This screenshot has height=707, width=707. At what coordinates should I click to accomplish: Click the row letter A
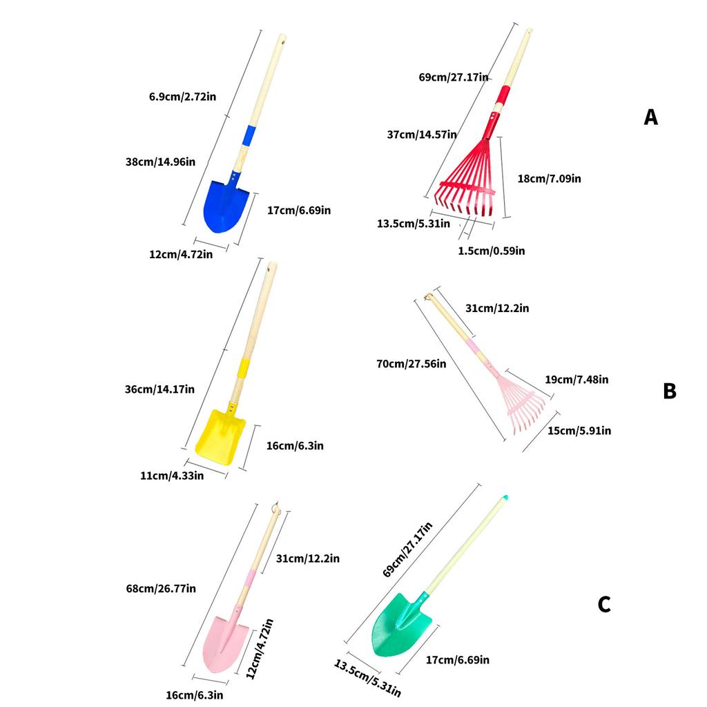click(650, 117)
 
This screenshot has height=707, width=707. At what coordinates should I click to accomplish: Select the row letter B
click(670, 391)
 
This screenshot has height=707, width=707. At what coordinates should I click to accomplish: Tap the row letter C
click(604, 604)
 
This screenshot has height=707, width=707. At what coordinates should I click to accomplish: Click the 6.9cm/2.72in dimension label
click(182, 97)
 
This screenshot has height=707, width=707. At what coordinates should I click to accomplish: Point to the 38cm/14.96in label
click(160, 162)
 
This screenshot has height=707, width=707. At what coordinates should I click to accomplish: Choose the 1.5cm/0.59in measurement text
click(492, 251)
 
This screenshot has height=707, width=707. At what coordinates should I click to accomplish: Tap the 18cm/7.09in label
click(549, 179)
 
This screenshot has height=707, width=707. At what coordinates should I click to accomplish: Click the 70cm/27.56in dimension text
click(411, 363)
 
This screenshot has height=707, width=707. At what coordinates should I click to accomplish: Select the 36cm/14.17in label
click(159, 389)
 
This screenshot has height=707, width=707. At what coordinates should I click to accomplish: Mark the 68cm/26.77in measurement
click(161, 588)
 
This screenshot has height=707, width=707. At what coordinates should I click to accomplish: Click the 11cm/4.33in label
click(172, 475)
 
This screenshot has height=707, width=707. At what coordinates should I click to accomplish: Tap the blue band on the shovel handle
click(249, 135)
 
